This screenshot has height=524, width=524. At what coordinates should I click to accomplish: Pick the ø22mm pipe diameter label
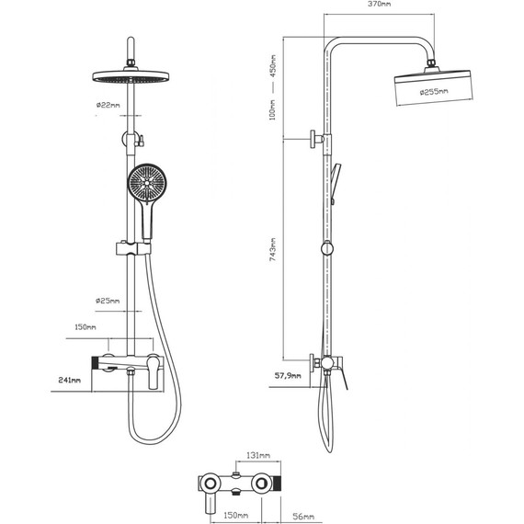tap(108, 106)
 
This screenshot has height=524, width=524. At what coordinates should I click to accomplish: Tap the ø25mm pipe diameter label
tap(108, 301)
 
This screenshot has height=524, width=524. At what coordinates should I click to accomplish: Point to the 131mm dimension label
tap(259, 455)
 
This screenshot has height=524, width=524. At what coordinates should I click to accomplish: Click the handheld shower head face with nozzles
tap(145, 185)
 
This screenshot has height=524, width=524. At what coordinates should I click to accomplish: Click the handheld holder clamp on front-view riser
tap(131, 247)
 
